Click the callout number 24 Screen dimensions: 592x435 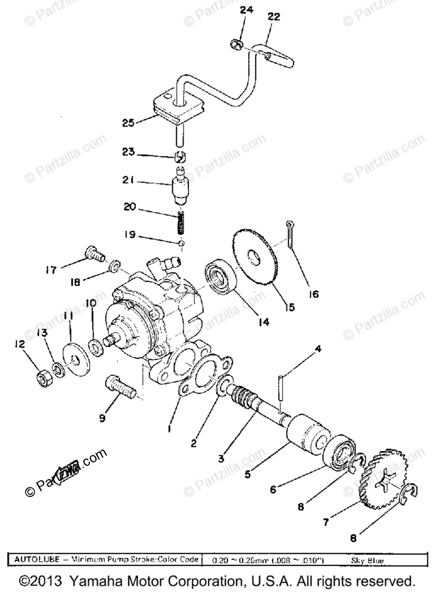click(x=246, y=10)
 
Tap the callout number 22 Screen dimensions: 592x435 click(x=274, y=17)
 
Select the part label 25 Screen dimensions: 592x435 click(x=128, y=122)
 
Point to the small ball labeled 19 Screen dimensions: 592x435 click(x=181, y=243)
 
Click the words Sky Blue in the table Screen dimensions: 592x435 click(x=367, y=560)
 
